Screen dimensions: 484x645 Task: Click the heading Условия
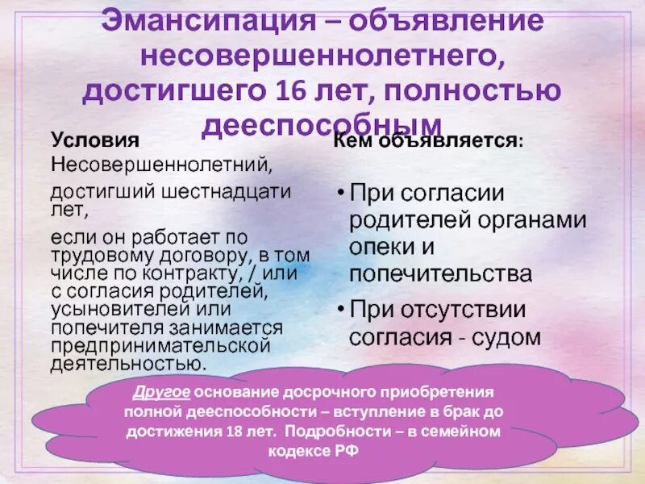[95, 140]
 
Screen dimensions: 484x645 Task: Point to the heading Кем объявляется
[427, 140]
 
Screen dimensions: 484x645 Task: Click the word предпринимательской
[159, 345]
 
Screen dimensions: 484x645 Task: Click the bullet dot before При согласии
[340, 194]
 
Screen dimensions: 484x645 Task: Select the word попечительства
[440, 273]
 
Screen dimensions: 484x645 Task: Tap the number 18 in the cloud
[236, 432]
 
